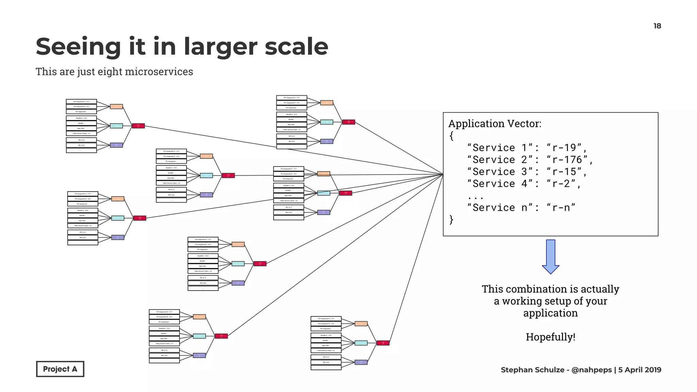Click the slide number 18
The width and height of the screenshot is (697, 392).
(x=657, y=26)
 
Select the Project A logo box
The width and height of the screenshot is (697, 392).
(x=60, y=369)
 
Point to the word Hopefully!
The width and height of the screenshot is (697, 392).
(x=550, y=337)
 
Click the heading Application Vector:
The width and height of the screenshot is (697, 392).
(x=495, y=124)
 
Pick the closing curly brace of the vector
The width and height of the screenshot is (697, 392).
(x=451, y=219)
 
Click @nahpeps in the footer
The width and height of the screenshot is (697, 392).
(x=591, y=370)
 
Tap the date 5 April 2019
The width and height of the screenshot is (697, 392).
(x=639, y=370)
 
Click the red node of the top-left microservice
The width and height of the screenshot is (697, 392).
(x=138, y=126)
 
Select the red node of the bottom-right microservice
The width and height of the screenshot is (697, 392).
(x=383, y=343)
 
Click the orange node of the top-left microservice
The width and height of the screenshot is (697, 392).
(x=116, y=107)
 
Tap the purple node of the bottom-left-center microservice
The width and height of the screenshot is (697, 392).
(x=199, y=355)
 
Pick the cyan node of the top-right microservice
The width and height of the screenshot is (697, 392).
(x=327, y=122)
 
